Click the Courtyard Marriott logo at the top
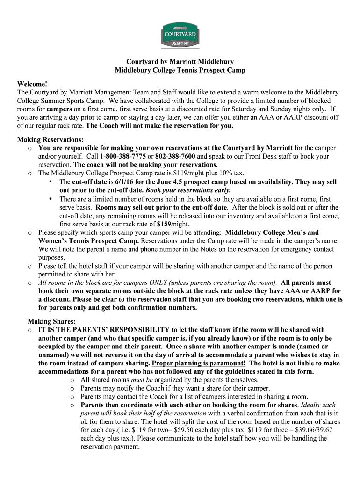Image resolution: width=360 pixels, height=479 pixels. (180, 35)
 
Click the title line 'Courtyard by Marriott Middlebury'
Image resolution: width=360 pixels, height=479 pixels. (180, 62)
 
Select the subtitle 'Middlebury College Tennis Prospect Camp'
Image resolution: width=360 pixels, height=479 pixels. (180, 70)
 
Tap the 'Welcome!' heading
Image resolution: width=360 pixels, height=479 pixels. (32, 84)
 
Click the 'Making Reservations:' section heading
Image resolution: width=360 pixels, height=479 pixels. (50, 139)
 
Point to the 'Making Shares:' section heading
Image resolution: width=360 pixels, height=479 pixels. (51, 321)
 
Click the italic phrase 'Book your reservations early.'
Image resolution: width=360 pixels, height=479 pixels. (188, 190)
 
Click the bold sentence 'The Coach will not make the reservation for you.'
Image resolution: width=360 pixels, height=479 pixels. (160, 126)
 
